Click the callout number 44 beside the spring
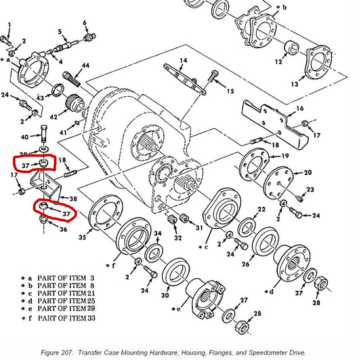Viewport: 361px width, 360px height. point(85,66)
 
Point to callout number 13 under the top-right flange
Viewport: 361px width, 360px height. point(313,84)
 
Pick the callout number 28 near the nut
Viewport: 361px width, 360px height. point(257,314)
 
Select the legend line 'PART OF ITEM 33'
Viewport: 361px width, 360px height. point(70,317)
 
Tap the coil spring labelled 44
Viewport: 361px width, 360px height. point(73,81)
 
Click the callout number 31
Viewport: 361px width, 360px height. point(199,227)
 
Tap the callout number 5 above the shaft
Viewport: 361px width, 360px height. point(60,31)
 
